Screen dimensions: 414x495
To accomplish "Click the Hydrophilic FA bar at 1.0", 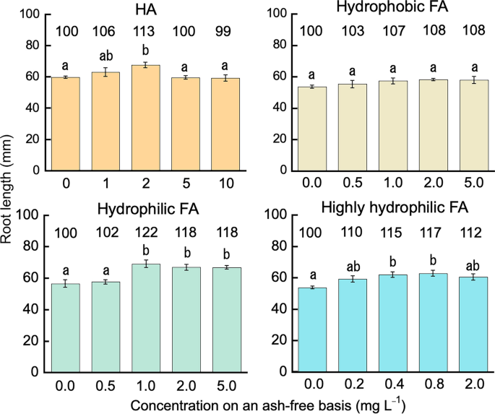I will (149, 318).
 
